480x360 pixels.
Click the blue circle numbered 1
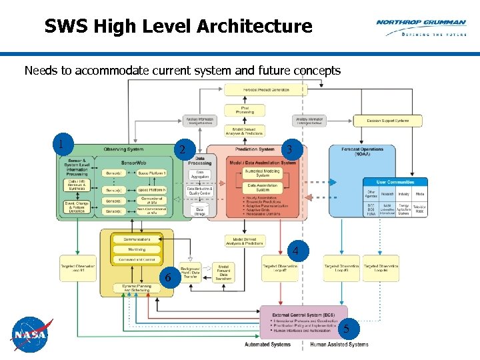(x=61, y=143)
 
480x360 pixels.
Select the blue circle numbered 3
(x=287, y=149)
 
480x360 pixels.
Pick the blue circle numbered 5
(x=345, y=328)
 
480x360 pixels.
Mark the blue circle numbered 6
(x=168, y=277)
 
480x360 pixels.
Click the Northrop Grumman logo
(x=421, y=27)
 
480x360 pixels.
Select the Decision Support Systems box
(x=394, y=121)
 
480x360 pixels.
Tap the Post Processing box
(x=245, y=109)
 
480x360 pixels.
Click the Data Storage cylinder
(x=199, y=211)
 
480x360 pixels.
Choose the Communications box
(x=136, y=239)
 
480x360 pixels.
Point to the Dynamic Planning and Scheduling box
(x=136, y=288)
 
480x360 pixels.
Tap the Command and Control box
(x=136, y=259)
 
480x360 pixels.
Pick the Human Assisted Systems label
(x=339, y=345)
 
